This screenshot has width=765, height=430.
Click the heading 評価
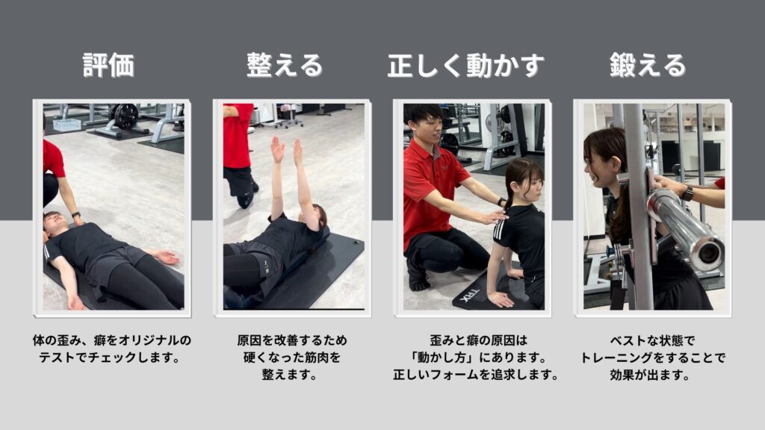click(108, 66)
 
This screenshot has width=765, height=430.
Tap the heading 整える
click(285, 66)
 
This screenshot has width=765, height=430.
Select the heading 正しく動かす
click(466, 66)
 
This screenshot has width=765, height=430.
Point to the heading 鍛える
click(648, 66)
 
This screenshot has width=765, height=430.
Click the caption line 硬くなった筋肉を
click(292, 358)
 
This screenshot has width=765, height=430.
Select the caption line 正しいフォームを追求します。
click(476, 375)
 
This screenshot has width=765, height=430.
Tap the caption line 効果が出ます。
click(650, 375)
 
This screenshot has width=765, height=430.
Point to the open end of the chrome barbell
click(708, 253)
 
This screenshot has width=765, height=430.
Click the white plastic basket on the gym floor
click(66, 125)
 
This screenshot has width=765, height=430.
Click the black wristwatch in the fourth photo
click(687, 194)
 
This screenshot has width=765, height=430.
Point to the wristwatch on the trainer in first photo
click(75, 214)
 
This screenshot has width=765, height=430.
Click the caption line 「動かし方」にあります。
click(478, 358)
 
